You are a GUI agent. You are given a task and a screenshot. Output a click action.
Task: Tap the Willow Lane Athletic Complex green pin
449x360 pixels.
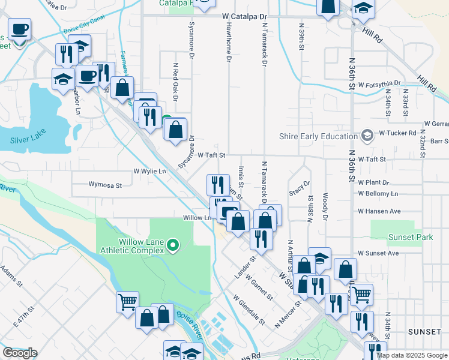pos(173,244)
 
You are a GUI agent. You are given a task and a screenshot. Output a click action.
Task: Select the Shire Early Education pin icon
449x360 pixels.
pos(367,136)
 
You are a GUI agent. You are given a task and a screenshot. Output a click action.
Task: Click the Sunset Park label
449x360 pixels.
pos(410,237)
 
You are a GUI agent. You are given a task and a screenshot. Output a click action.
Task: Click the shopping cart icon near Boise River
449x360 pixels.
pos(127,301)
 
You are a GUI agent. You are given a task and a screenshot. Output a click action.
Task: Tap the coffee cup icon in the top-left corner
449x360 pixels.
pos(19,29)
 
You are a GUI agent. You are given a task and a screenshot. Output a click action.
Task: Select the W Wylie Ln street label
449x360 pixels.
pos(149,171)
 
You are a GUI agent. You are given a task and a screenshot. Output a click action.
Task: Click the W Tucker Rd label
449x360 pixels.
pos(397,133)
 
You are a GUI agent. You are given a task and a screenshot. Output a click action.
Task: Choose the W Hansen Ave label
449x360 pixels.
pos(379,211)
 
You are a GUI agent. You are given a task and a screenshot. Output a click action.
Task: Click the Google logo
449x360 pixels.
pos(20,353)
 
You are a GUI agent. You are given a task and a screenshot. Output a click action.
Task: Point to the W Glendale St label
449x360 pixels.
pos(250,308)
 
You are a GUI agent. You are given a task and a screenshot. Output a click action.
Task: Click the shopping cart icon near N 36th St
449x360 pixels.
pos(361,294)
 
